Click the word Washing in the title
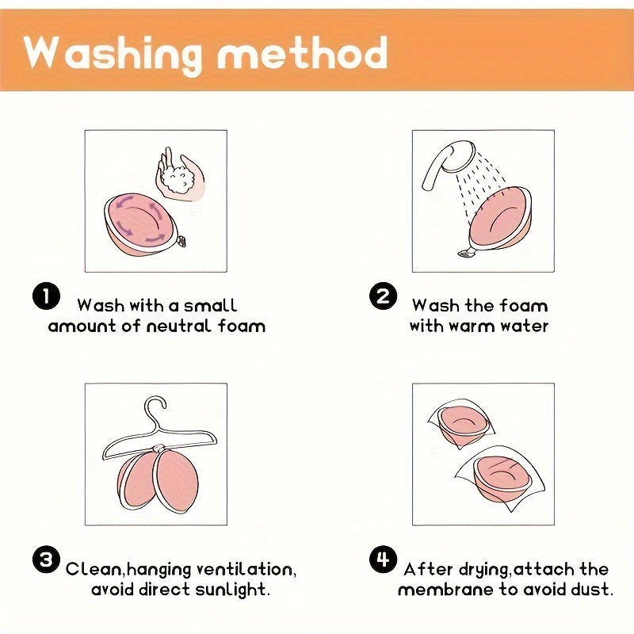coord(113,55)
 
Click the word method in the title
coord(303,52)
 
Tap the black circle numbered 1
coord(46,296)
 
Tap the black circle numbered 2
coord(383,296)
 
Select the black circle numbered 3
coord(46,560)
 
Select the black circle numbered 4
coord(383,560)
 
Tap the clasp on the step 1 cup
coord(181,241)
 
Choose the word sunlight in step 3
coord(232,590)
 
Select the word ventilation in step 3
coord(246,569)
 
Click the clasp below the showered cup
coord(466,253)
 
